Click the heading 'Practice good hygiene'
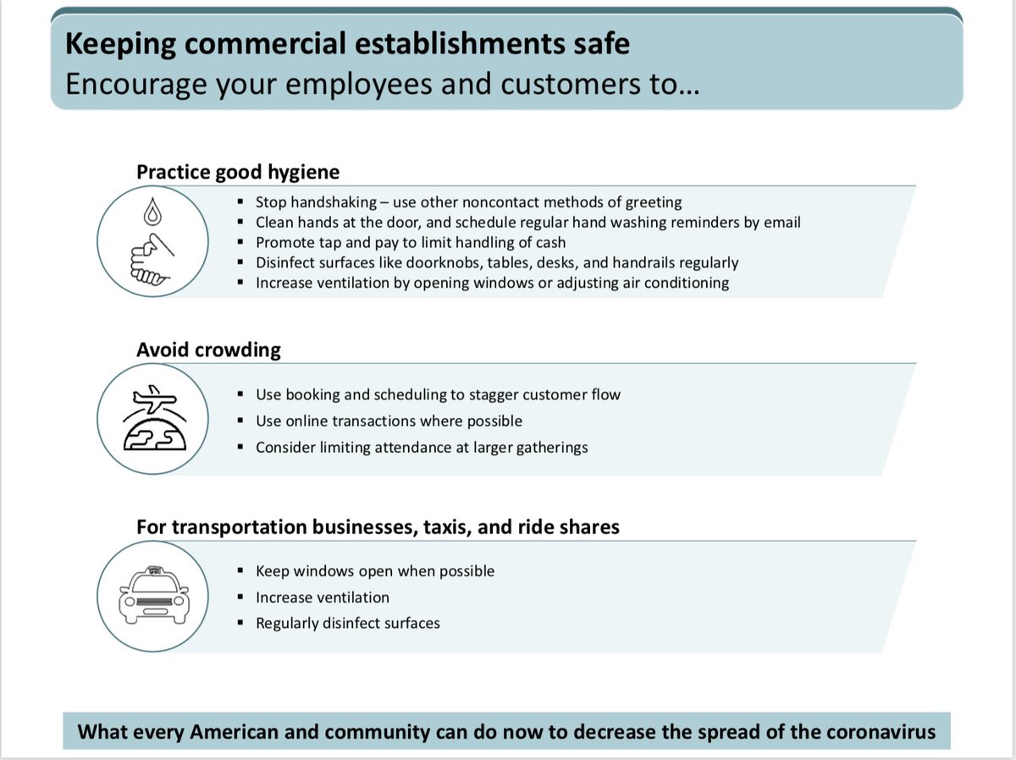click(238, 172)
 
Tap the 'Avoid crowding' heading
click(208, 350)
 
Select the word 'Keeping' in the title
click(118, 44)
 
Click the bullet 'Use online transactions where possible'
click(389, 421)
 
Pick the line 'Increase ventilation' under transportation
click(323, 598)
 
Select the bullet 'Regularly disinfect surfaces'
click(348, 624)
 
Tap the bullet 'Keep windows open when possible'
click(375, 571)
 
